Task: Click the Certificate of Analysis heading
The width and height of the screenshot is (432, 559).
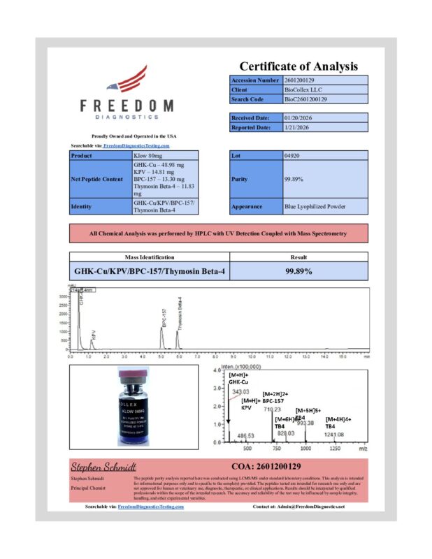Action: pyautogui.click(x=298, y=66)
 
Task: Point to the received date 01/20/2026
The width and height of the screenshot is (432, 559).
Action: pyautogui.click(x=298, y=118)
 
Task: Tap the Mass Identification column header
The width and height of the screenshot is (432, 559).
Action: pyautogui.click(x=149, y=257)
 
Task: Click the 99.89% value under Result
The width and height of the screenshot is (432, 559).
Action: pyautogui.click(x=298, y=270)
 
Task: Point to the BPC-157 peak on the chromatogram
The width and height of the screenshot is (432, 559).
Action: pyautogui.click(x=161, y=329)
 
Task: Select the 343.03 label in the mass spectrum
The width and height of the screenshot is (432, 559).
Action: pyautogui.click(x=241, y=391)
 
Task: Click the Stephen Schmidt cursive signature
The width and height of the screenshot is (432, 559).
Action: pyautogui.click(x=103, y=466)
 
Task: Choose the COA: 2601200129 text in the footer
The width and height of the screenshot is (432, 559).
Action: pyautogui.click(x=266, y=466)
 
